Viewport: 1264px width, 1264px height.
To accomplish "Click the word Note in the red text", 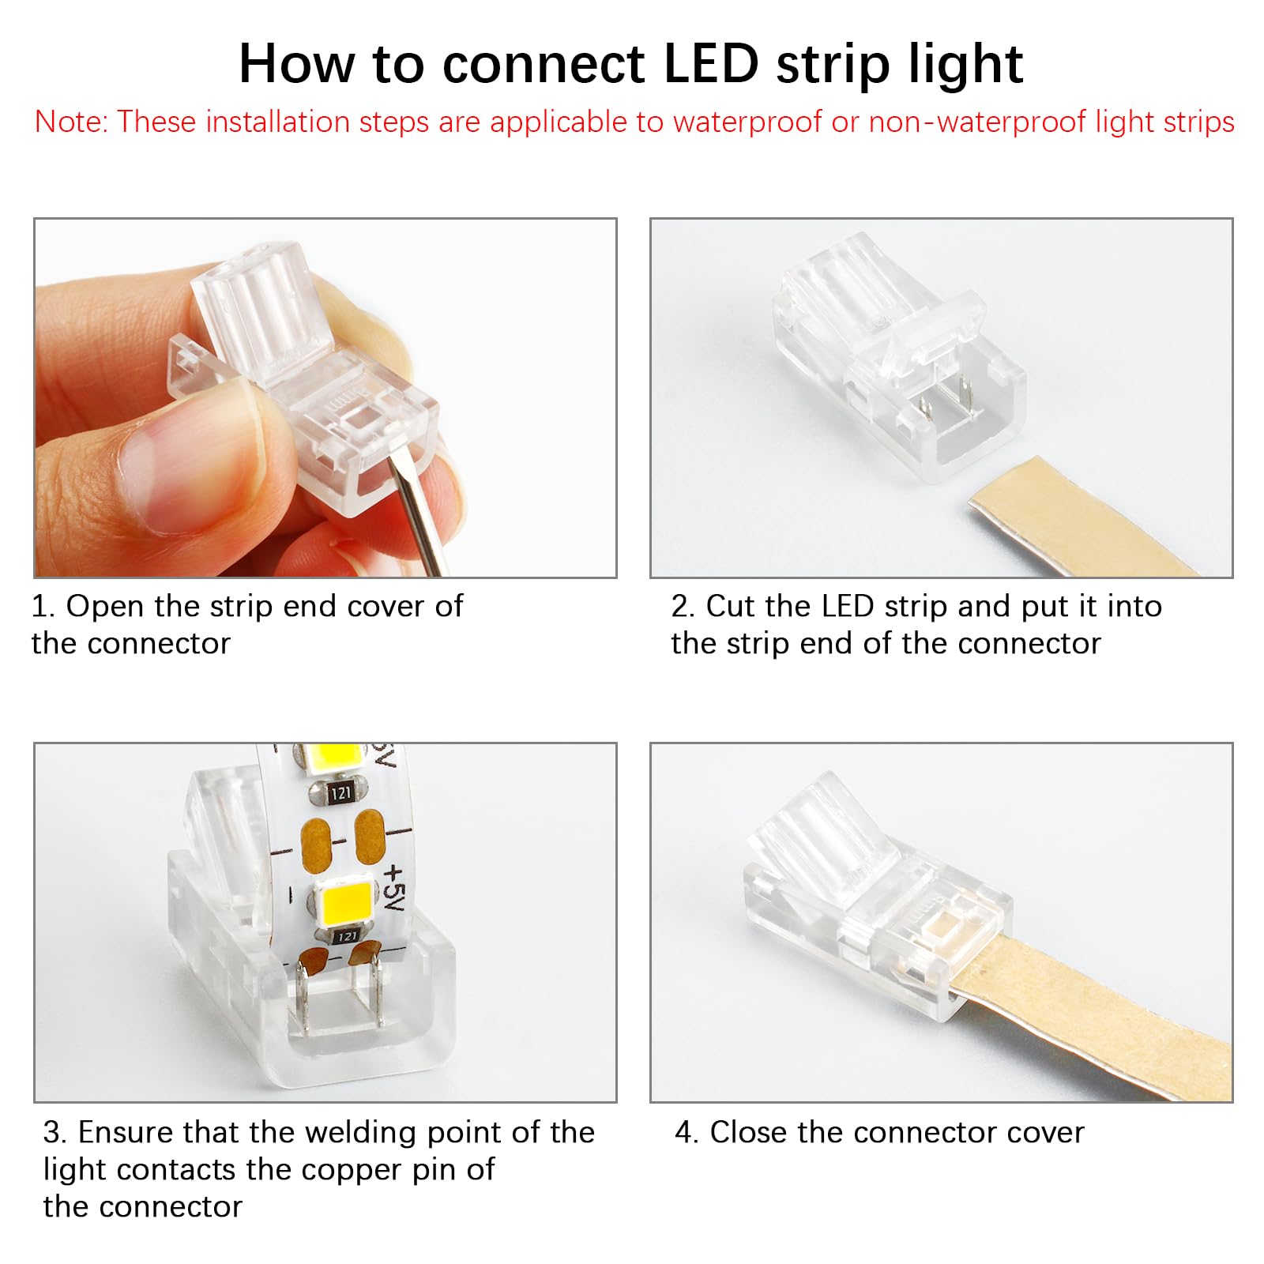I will point(70,122).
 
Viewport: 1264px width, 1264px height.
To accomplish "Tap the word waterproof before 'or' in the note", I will point(747,122).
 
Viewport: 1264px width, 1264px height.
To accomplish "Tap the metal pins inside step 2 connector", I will point(944,403).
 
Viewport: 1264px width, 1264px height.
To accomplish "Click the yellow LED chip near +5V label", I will point(345,902).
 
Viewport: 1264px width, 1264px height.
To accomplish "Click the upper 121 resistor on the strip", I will point(340,792).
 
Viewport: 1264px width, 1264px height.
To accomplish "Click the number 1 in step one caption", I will point(39,607).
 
